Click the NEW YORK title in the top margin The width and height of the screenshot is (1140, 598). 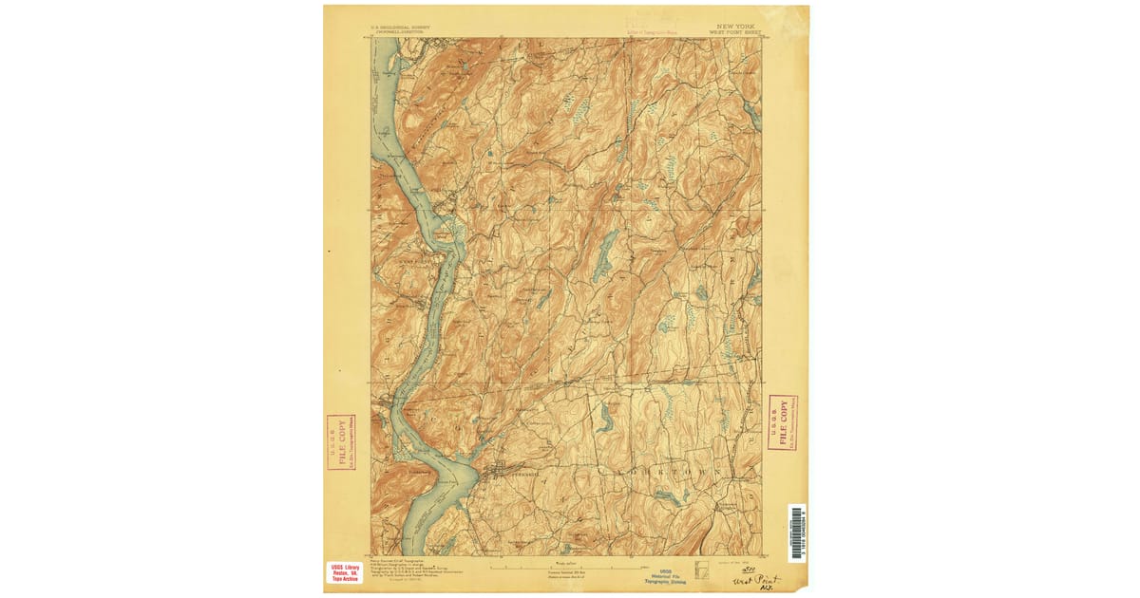[737, 27]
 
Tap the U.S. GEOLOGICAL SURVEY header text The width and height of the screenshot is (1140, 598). [397, 27]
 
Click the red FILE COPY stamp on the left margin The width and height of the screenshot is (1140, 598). [340, 441]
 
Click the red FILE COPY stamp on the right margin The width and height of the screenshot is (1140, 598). [782, 421]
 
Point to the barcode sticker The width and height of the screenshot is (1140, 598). [796, 533]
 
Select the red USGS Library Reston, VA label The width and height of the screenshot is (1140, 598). [344, 572]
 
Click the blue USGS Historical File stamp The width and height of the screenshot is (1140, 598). [665, 574]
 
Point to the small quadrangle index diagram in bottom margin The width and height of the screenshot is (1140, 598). [702, 570]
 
